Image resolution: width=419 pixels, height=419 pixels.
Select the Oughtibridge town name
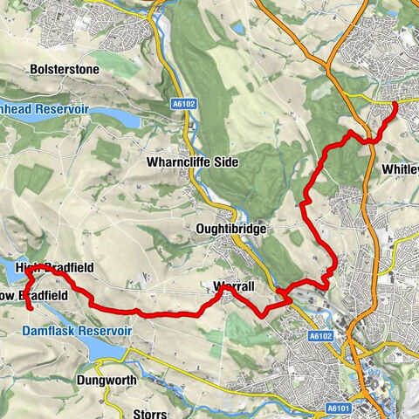[x=231, y=228]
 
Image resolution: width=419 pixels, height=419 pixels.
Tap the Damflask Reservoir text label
[x=77, y=332]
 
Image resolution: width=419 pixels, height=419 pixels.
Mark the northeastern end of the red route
[x=395, y=104]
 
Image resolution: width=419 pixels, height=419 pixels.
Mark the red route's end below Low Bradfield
[x=30, y=308]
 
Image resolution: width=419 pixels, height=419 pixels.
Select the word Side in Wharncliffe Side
[x=223, y=162]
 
